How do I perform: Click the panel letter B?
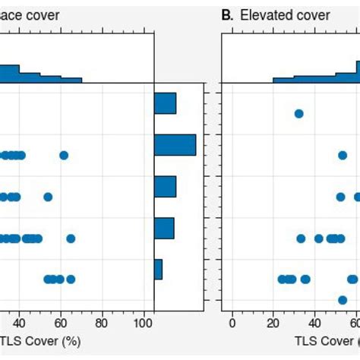226,15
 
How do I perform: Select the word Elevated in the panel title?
263,15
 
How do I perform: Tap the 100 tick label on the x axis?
144,322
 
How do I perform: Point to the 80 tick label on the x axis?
103,322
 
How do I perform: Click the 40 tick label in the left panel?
20,322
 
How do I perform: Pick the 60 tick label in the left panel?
62,322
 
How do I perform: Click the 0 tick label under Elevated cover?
232,322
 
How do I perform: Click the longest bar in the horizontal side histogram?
175,144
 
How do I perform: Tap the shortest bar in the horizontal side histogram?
158,269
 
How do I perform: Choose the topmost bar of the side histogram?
165,103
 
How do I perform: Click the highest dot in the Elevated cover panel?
298,114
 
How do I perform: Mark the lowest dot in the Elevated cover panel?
343,300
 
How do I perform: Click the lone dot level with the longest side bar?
64,156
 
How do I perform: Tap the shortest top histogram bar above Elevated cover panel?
283,80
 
